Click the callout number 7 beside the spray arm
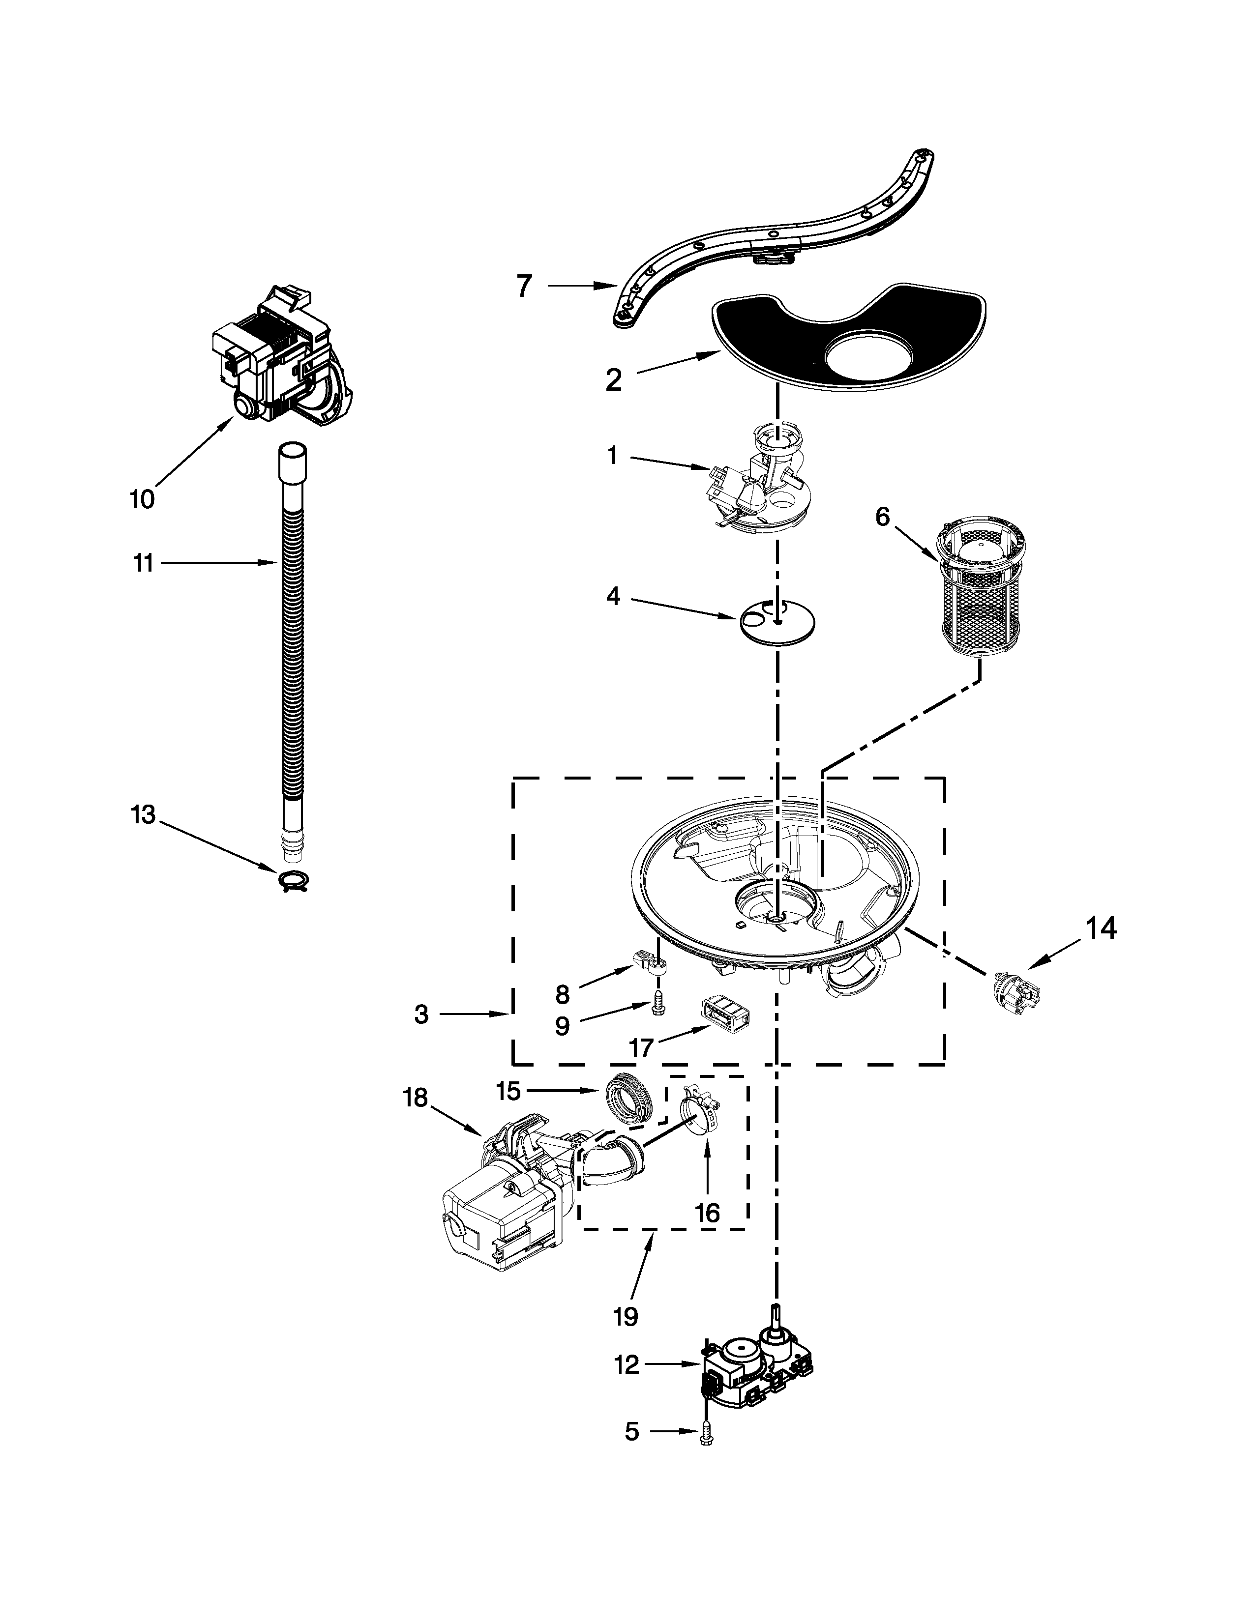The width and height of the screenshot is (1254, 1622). coord(525,286)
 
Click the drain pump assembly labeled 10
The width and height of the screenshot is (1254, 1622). coord(282,356)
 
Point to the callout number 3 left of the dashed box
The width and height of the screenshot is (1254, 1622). coord(421,1014)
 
